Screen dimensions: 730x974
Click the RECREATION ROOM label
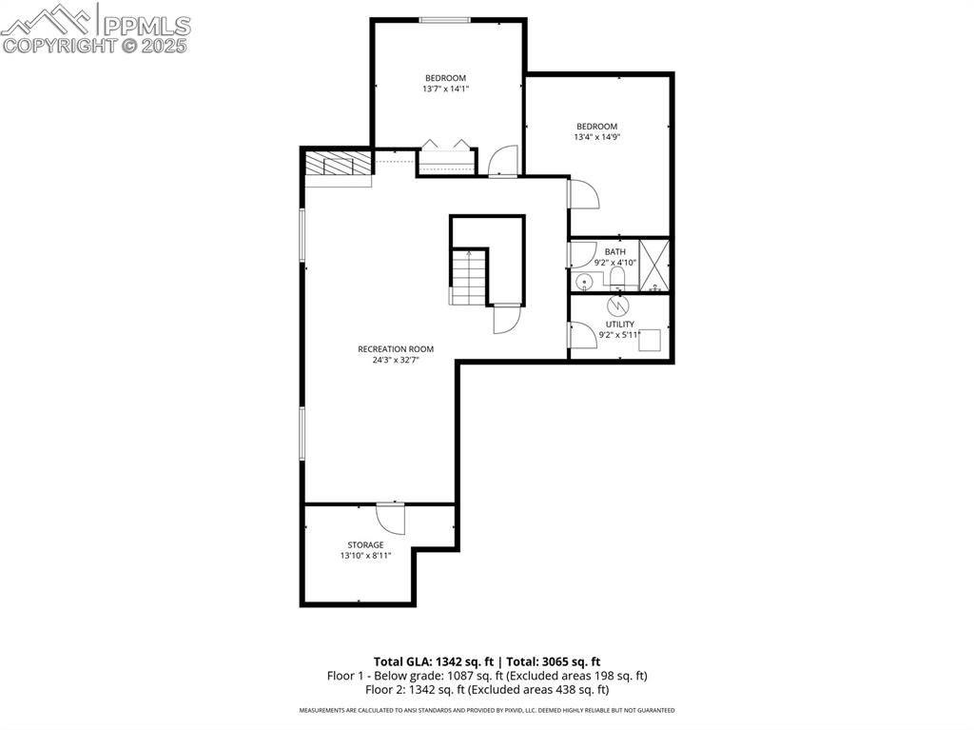coord(396,349)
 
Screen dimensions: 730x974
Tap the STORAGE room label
coord(365,545)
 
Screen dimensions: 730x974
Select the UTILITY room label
coord(619,325)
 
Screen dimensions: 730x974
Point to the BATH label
coord(615,252)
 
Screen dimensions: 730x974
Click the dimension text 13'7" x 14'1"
coord(445,89)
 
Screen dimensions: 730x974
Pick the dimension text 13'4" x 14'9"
coord(596,137)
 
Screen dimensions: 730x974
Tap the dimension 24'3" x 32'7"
coord(396,361)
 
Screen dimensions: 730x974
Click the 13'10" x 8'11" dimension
coord(365,556)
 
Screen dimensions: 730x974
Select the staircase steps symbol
coord(468,276)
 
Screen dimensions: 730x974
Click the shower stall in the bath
coord(654,265)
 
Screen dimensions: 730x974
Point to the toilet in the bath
coord(616,278)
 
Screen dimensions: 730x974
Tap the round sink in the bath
coord(584,281)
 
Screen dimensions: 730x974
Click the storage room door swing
coord(391,518)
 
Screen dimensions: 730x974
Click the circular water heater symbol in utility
coord(618,306)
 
